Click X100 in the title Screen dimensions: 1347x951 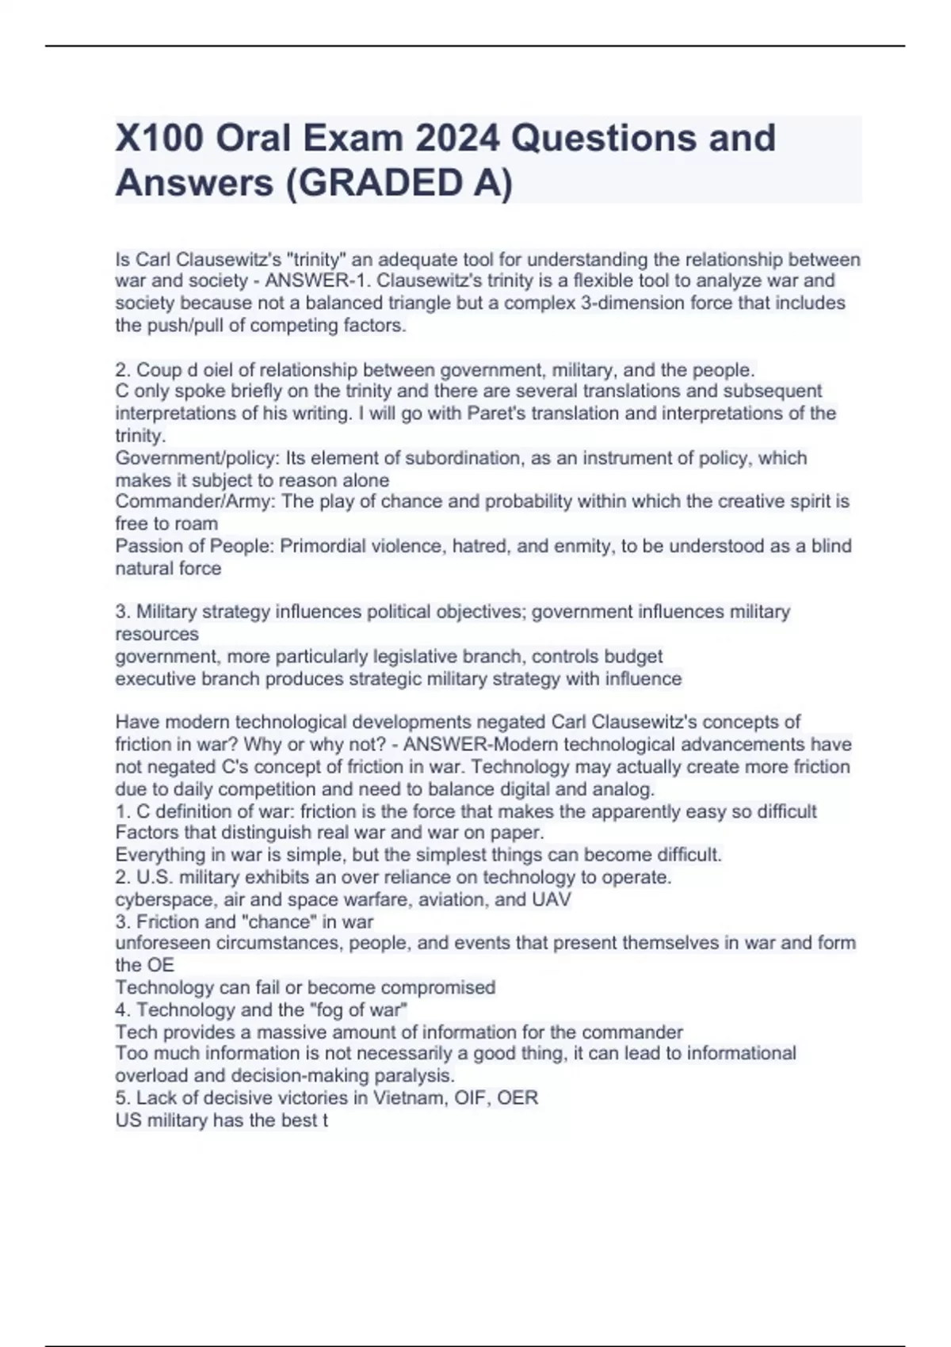pos(159,139)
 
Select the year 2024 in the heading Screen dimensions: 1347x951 pos(457,139)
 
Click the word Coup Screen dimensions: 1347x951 pos(158,370)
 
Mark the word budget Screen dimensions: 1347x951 pos(633,657)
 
